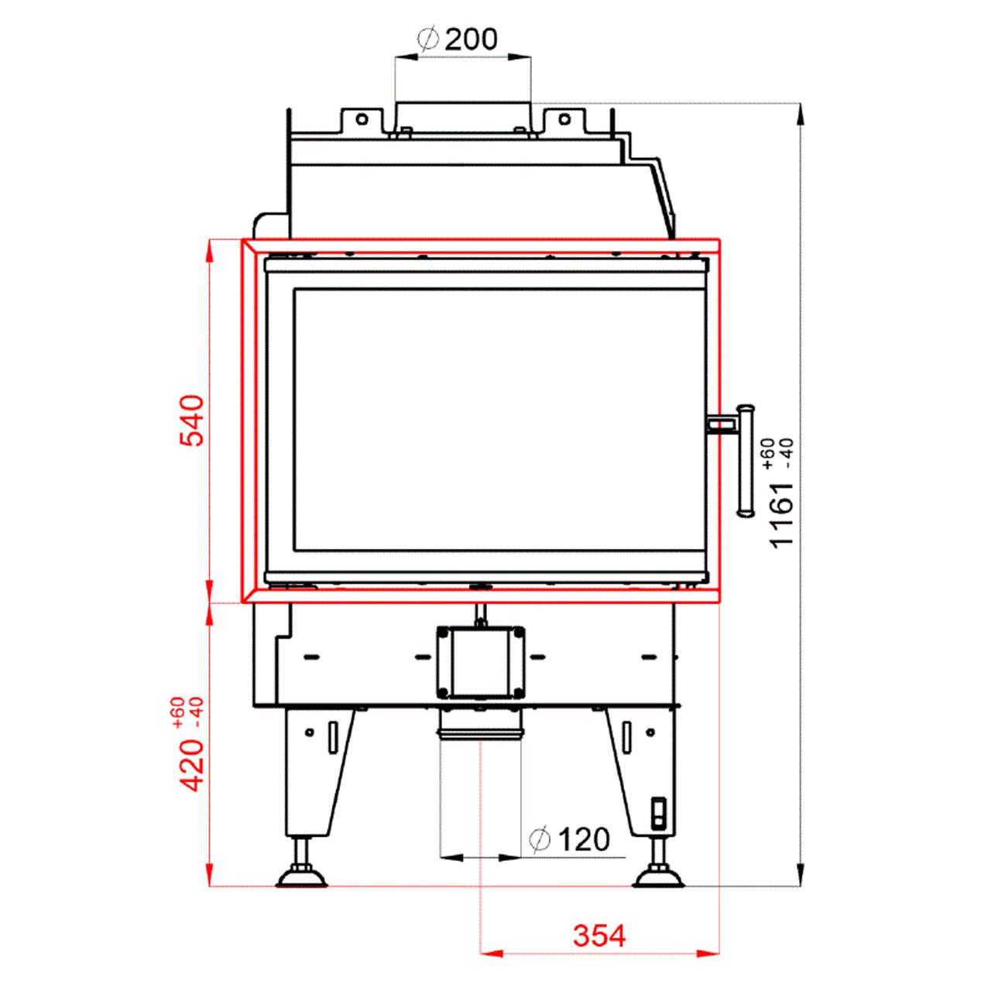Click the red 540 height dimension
pyautogui.click(x=192, y=420)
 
